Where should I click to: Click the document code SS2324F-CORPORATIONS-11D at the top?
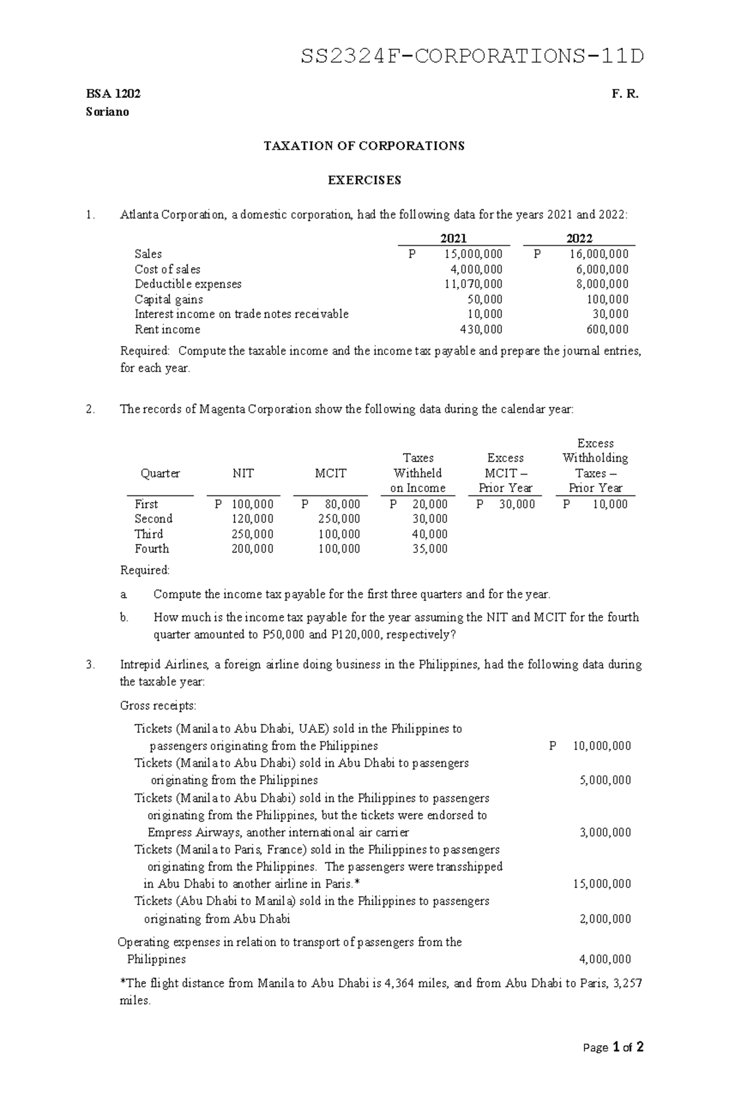tap(472, 56)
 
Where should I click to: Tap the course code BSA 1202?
tap(113, 94)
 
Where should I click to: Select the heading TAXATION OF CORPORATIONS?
tap(363, 146)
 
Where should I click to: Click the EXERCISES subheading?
tap(364, 180)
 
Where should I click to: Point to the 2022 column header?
tap(579, 238)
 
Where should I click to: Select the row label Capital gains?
tap(169, 299)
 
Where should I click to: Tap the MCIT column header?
tap(330, 474)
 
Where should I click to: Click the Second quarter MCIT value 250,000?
tap(339, 519)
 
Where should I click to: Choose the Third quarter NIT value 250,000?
tap(253, 534)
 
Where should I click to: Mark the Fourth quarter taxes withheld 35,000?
tap(430, 549)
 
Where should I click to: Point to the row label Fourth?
tap(152, 549)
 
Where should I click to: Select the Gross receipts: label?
tap(158, 705)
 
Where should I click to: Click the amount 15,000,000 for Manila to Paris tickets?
tap(601, 884)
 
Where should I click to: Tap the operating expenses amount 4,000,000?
tap(605, 959)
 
